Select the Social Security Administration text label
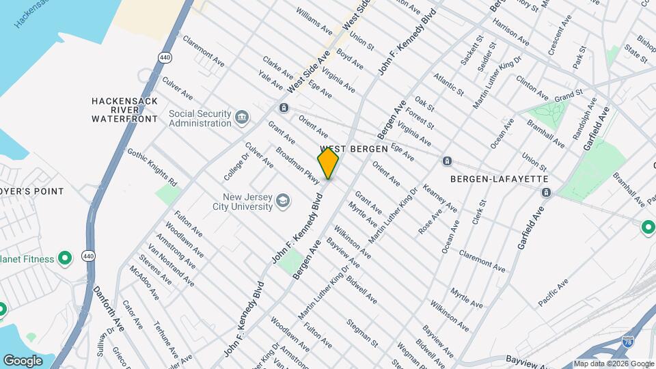(x=200, y=118)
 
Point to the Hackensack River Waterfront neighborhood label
(x=124, y=109)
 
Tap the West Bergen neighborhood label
(x=354, y=148)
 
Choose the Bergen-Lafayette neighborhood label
(x=500, y=178)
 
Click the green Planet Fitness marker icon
(x=65, y=258)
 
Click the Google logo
(x=23, y=360)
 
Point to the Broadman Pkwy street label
(x=298, y=165)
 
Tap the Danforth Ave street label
(x=109, y=310)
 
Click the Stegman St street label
(x=361, y=329)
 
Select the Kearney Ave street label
(x=440, y=197)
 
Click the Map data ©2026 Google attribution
(x=613, y=364)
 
